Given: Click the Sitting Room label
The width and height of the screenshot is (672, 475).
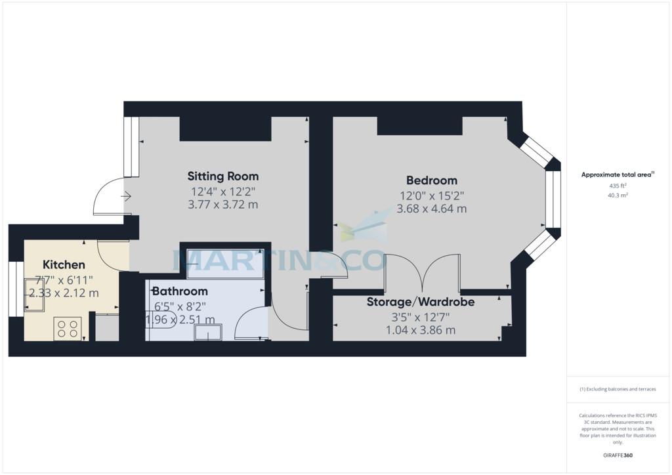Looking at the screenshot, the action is coord(223,176).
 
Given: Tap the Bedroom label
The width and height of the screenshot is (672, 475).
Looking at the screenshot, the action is coord(432,180).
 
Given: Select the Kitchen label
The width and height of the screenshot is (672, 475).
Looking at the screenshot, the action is coord(64,264).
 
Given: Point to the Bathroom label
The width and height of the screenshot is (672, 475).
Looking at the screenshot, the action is coord(180,291).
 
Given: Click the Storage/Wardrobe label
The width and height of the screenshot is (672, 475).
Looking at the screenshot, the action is coord(421,302).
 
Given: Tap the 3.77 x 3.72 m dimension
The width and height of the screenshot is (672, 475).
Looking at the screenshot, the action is coord(223,204).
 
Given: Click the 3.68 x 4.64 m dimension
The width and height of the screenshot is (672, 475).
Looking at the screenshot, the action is coord(432,209).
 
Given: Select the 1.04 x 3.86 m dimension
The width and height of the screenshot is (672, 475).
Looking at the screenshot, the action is coord(421,330).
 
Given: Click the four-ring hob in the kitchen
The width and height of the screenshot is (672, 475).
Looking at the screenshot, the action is coord(68,329).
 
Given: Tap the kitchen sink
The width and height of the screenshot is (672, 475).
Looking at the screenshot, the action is coord(35,295).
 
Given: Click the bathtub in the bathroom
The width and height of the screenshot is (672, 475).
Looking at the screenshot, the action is coord(226,264).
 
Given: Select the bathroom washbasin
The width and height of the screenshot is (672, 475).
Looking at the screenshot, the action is coord(208,333).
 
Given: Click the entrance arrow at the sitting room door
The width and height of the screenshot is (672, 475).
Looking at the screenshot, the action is coord(126,197).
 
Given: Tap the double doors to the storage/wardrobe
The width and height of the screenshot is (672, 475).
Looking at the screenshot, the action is coord(423,272).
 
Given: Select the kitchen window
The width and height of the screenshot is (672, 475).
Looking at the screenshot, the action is coord(16,289).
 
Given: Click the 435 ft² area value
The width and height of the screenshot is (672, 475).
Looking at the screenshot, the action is coord(618,186).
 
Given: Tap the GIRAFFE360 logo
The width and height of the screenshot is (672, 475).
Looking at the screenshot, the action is coord(618,455).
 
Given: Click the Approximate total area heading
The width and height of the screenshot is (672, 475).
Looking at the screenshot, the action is coord(618,175).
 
